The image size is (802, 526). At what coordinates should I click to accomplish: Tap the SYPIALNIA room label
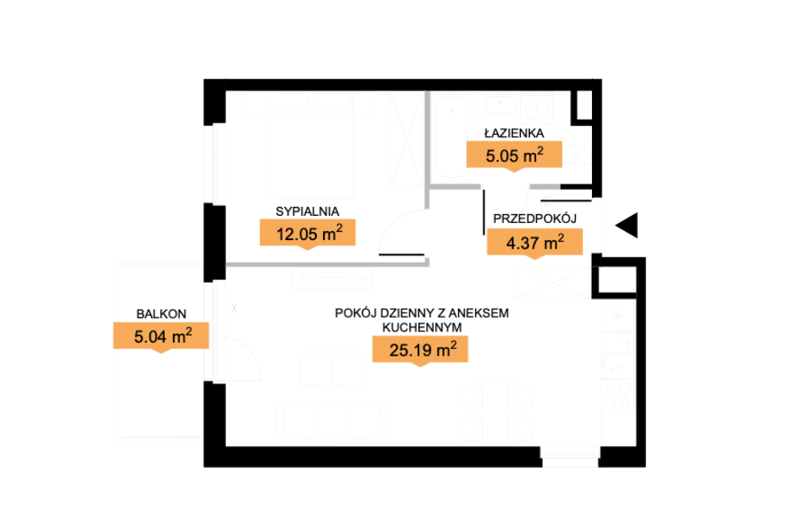coord(307,212)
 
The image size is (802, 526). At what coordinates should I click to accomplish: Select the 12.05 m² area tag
coord(308,234)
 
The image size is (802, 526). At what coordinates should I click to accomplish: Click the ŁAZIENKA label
coord(514,133)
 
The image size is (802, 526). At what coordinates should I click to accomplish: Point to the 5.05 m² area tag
coord(514,155)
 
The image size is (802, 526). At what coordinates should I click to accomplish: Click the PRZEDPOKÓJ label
coord(535,218)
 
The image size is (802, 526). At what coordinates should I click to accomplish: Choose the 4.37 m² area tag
coord(535,242)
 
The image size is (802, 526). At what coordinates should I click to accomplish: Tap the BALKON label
coord(161,313)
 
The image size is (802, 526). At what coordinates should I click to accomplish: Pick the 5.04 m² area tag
coord(161,336)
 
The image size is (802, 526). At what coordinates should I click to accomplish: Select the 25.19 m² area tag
coord(420,351)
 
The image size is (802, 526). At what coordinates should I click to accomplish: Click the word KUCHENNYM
coord(422,327)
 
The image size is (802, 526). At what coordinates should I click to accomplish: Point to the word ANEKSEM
coord(479,313)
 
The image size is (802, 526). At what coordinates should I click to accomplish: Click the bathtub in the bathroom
coord(451,137)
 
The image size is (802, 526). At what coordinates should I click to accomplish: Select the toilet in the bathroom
coord(577,154)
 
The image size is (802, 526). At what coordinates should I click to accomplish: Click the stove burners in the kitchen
coord(618,395)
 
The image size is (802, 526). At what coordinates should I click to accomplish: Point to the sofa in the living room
coord(333,423)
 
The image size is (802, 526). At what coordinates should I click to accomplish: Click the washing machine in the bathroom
coord(536,108)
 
